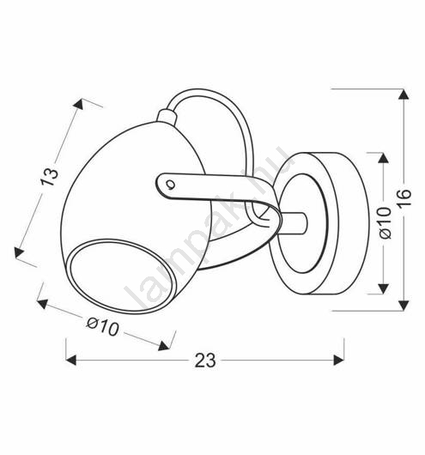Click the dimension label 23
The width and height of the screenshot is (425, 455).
coord(205,360)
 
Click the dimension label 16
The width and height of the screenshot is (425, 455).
coord(404,197)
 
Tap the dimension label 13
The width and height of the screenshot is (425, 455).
coord(49,177)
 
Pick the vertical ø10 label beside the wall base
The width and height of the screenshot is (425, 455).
coord(386,222)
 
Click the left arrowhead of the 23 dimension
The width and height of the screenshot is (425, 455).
coord(71,360)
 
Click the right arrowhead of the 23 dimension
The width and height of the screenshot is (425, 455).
coord(339,360)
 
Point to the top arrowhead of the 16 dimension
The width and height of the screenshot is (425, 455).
coord(404,94)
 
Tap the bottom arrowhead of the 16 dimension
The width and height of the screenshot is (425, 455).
coord(404,306)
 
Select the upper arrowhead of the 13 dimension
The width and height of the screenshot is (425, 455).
coord(79,104)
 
